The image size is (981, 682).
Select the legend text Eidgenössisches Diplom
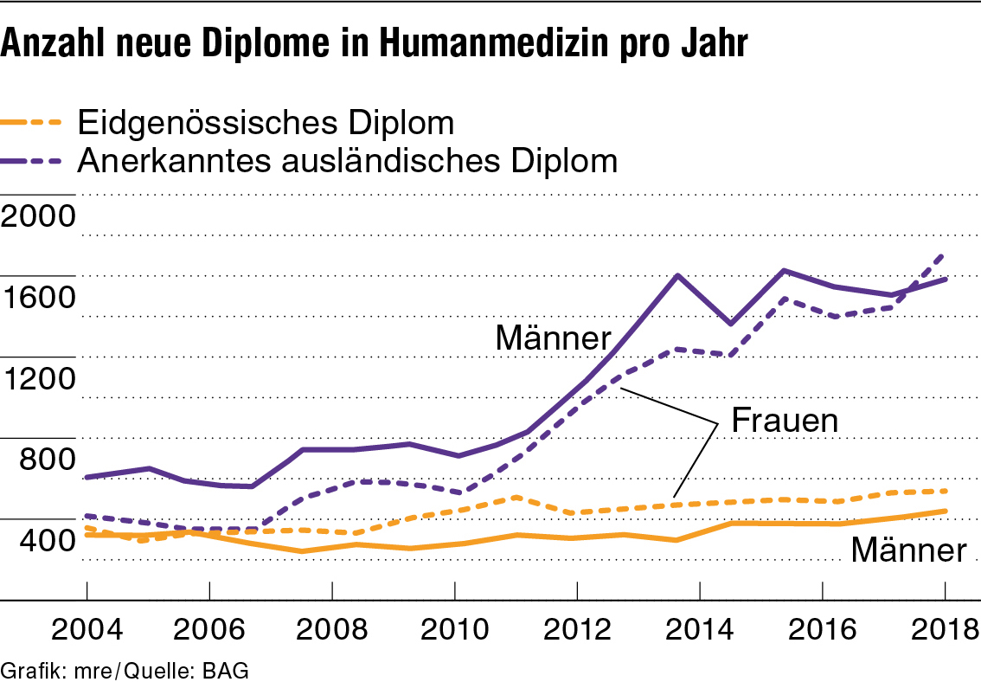click(266, 123)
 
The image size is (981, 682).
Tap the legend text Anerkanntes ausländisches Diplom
click(347, 161)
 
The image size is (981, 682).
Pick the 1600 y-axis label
click(39, 298)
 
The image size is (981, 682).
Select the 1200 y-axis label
click(39, 379)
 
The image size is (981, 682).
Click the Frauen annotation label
click(785, 421)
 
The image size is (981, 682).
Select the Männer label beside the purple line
click(553, 338)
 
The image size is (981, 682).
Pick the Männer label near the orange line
click(908, 550)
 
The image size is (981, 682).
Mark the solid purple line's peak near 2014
click(677, 275)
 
